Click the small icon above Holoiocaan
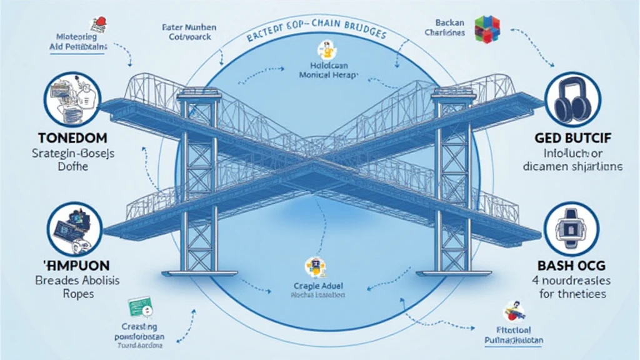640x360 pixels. (x=324, y=47)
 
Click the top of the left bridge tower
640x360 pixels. (x=198, y=93)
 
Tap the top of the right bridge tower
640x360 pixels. (x=451, y=92)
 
